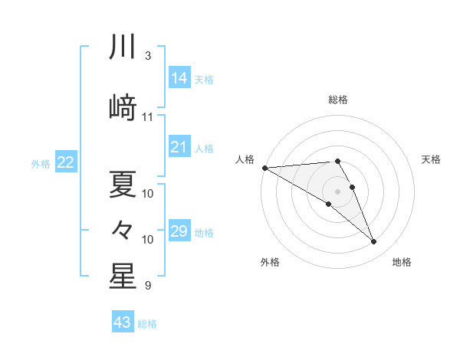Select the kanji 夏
coord(123,184)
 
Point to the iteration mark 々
coord(123,229)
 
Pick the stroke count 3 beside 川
coord(147,56)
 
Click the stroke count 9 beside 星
coord(147,286)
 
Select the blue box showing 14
coord(179,77)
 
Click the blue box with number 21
coord(179,148)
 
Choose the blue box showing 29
coord(179,231)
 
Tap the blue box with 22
coord(66,162)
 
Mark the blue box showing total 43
coord(122,322)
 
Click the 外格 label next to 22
coord(41,163)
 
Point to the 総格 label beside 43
coord(147,324)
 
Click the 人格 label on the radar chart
coord(245,159)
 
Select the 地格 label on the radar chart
coord(402,262)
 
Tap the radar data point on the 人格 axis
coord(264,168)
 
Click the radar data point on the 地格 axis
coord(373,242)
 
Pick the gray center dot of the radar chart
coord(337,191)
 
